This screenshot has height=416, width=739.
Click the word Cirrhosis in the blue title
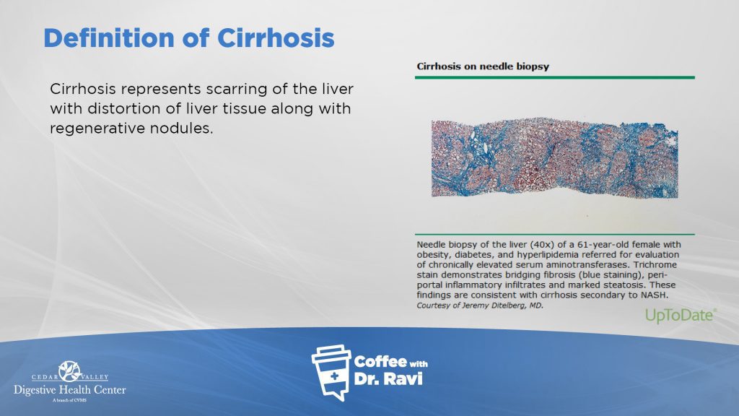point(276,38)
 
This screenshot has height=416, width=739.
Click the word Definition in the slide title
point(109,38)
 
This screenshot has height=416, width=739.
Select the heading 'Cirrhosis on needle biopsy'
point(483,66)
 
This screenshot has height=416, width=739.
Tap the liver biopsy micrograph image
point(555,158)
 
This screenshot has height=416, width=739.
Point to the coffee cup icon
point(331,373)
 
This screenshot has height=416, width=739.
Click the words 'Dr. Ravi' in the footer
point(388,378)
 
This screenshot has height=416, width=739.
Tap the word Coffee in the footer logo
point(380,362)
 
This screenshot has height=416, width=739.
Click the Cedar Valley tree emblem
point(70,371)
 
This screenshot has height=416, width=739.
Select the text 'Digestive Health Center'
point(70,390)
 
